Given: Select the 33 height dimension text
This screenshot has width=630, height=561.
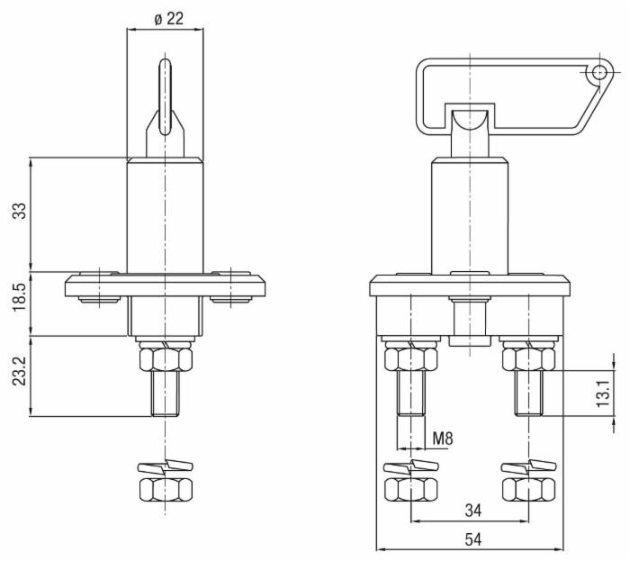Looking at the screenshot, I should click(x=19, y=213).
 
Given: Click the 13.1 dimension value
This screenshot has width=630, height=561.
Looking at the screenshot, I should click(x=605, y=393).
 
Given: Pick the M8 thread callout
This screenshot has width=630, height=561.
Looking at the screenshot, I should click(x=443, y=439).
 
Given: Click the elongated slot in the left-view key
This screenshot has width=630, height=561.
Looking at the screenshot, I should click(x=165, y=95).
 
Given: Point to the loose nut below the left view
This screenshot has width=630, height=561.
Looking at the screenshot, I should click(x=166, y=489).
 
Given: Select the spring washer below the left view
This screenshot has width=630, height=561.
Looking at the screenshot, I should click(x=166, y=467).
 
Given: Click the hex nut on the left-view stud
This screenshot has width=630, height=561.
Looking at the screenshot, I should click(x=166, y=360).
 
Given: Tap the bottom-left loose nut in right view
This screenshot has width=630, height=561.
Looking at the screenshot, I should click(x=410, y=489).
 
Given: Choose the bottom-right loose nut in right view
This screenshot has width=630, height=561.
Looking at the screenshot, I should click(x=527, y=489).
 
